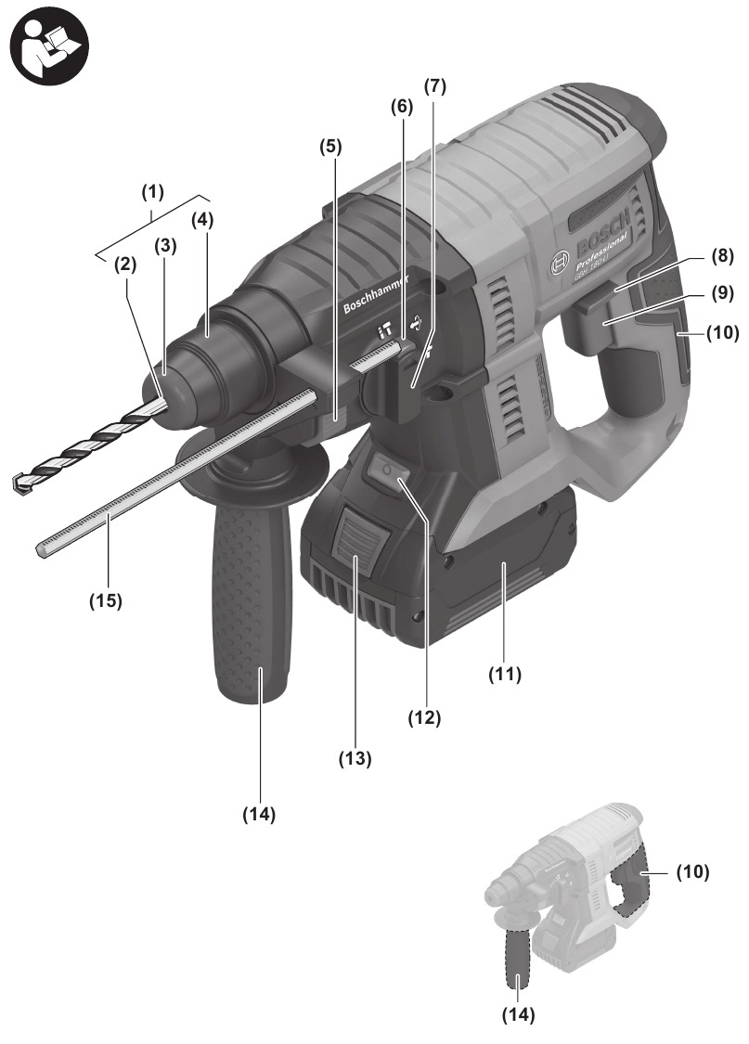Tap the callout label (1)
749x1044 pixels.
(152, 193)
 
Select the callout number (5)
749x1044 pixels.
(330, 146)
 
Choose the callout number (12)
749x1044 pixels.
(426, 716)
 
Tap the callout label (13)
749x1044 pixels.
(354, 758)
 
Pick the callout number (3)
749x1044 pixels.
(165, 247)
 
